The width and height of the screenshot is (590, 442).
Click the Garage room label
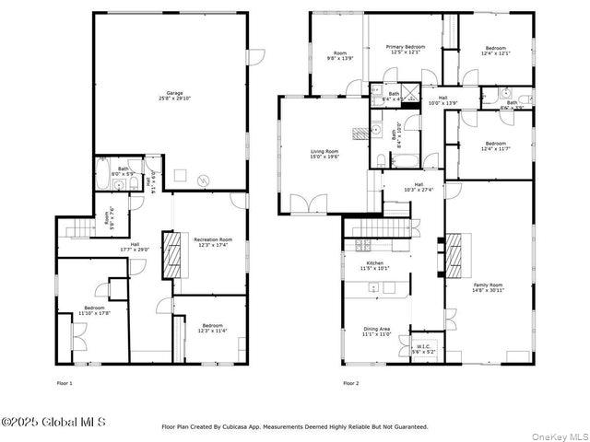pyautogui.click(x=173, y=95)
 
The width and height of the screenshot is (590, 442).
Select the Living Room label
pyautogui.click(x=324, y=154)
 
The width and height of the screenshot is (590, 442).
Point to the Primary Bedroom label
pyautogui.click(x=406, y=49)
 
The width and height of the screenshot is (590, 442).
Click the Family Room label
pyautogui.click(x=489, y=287)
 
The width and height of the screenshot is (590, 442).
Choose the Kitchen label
pyautogui.click(x=375, y=266)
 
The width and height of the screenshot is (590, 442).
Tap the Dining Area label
pyautogui.click(x=376, y=331)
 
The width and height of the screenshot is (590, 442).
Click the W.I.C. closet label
pyautogui.click(x=422, y=347)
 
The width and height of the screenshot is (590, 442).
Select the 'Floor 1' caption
pyautogui.click(x=65, y=382)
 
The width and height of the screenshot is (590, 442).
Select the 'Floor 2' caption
pyautogui.click(x=350, y=382)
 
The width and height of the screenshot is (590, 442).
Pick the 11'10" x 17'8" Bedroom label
pyautogui.click(x=94, y=310)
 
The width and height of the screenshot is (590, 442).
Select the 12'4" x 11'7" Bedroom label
pyautogui.click(x=496, y=145)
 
